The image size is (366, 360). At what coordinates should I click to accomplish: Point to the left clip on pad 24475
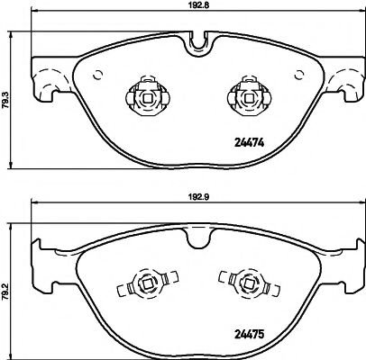pyautogui.click(x=142, y=287)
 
